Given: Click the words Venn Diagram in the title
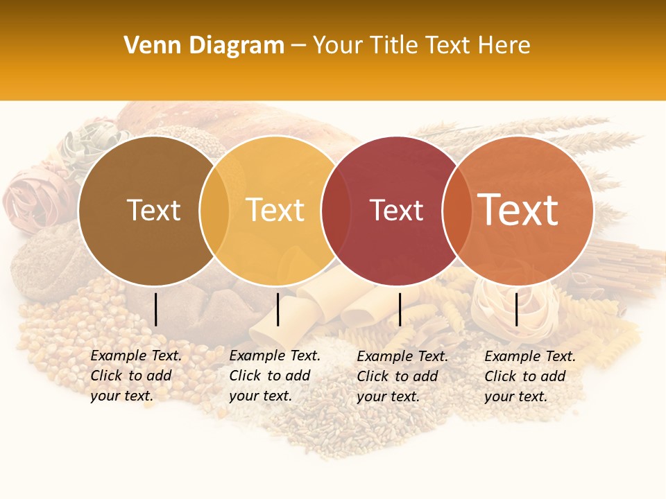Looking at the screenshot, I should [x=203, y=46].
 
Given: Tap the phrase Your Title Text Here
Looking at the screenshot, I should [x=421, y=46].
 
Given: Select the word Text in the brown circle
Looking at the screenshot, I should [x=153, y=210].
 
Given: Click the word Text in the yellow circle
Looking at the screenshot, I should [x=275, y=210].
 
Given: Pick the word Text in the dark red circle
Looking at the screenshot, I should [x=396, y=210].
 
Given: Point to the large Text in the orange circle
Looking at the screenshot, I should [x=518, y=210].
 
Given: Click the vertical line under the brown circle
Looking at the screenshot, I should [x=156, y=309].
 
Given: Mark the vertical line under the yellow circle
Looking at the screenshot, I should [x=277, y=309].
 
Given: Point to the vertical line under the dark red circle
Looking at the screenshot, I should [x=400, y=309].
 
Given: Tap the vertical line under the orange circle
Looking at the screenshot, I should [x=517, y=309].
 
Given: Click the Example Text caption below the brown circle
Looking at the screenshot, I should [x=135, y=376].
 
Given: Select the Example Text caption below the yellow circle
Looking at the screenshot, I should [x=274, y=376].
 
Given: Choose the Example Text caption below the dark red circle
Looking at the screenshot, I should [x=402, y=376].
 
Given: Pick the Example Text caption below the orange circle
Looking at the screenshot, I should [x=529, y=376].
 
